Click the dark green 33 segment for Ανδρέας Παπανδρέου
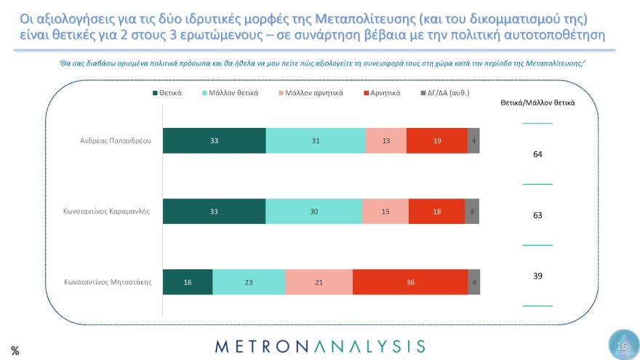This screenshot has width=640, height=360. click(x=214, y=140)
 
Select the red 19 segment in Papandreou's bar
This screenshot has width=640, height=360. click(x=436, y=140)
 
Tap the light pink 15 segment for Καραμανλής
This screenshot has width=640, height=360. click(x=385, y=211)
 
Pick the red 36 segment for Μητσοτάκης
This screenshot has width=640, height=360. click(x=409, y=282)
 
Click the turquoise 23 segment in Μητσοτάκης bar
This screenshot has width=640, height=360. click(x=249, y=282)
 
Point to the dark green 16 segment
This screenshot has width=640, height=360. click(x=188, y=282)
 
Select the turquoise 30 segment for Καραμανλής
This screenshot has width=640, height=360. click(x=313, y=211)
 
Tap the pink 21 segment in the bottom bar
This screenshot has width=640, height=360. click(x=319, y=282)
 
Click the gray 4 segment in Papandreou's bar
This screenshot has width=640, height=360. click(x=473, y=140)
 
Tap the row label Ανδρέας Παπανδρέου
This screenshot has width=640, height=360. click(x=116, y=140)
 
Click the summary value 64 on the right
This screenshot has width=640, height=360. click(x=537, y=154)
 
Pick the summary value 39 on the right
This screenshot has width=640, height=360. click(x=537, y=276)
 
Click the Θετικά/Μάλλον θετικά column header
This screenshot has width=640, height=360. click(x=537, y=103)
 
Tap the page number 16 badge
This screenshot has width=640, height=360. click(x=621, y=346)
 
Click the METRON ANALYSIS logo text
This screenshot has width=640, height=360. click(x=319, y=345)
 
